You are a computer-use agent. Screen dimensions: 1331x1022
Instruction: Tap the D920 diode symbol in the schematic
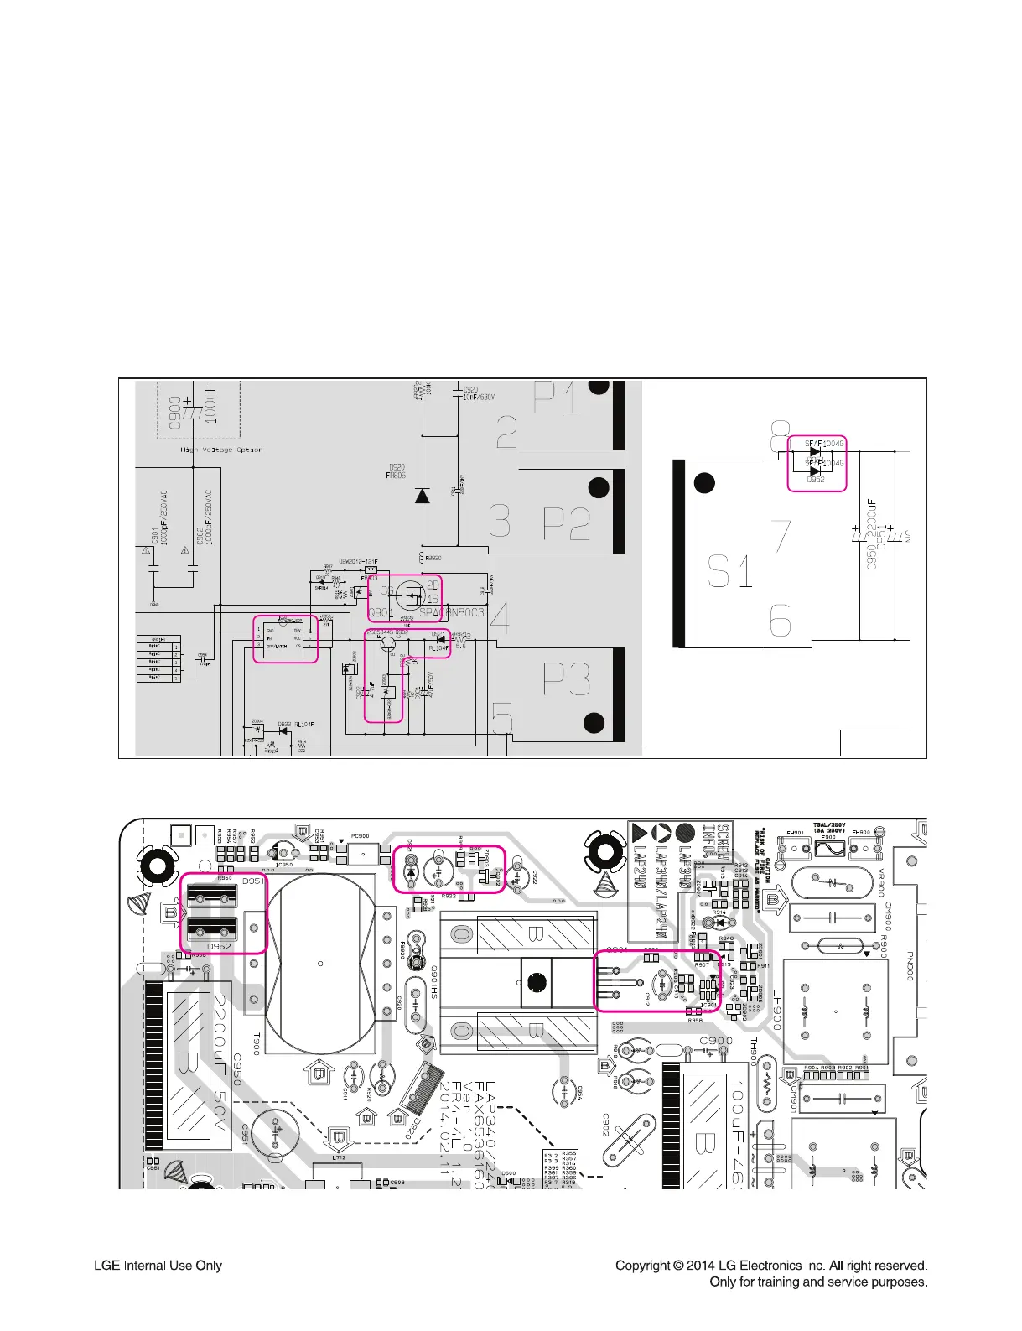pyautogui.click(x=423, y=495)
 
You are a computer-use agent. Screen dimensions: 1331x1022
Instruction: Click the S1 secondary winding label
pyautogui.click(x=729, y=571)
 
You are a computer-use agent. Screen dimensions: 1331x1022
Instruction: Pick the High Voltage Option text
pyautogui.click(x=221, y=450)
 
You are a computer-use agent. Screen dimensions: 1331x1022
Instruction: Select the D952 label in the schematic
pyautogui.click(x=815, y=480)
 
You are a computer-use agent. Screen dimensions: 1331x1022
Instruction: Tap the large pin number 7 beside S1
pyautogui.click(x=781, y=536)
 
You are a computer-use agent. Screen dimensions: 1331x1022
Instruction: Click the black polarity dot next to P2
pyautogui.click(x=599, y=487)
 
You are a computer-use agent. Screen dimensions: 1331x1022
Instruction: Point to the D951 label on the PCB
pyautogui.click(x=253, y=881)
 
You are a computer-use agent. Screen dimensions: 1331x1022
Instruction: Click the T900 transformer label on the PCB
pyautogui.click(x=257, y=1044)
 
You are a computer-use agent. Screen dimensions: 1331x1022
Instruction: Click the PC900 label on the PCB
pyautogui.click(x=360, y=836)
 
